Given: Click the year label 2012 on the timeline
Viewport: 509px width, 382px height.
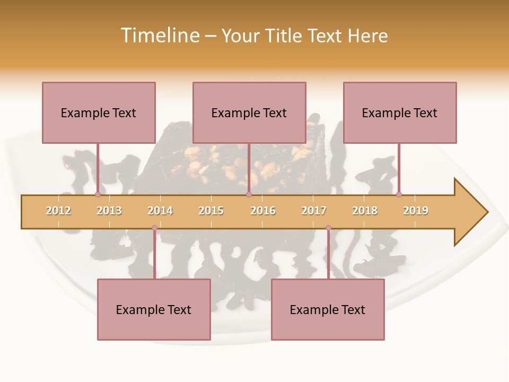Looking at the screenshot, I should tap(58, 211).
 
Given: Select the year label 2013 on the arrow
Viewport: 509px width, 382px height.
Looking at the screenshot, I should tap(109, 211).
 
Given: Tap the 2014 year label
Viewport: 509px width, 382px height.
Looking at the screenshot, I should tap(160, 211).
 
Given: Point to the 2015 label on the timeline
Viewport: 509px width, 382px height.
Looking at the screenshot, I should tap(211, 211).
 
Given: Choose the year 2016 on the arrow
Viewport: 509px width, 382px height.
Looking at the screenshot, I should tap(263, 211).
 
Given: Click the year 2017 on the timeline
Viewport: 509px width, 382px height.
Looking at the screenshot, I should tap(314, 211).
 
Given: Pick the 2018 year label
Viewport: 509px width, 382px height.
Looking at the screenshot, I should tap(365, 211).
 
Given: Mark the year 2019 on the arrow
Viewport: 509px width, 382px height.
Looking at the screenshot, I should tap(416, 211).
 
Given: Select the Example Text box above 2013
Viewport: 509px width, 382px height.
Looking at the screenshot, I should tap(99, 113).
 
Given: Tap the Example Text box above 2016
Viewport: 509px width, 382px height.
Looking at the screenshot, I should tap(249, 113).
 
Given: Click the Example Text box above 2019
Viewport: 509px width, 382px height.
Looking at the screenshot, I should tap(400, 113).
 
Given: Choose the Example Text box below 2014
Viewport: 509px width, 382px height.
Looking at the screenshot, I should tap(154, 310).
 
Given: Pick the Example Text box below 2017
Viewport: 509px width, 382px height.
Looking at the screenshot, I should tap(328, 310).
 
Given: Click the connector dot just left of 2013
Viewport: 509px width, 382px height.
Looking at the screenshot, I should tap(98, 195).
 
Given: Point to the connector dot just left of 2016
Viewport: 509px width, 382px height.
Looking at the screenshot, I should tap(249, 195).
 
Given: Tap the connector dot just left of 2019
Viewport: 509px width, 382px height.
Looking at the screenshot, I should tap(399, 195).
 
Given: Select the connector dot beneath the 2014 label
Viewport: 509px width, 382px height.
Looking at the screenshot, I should tap(154, 228).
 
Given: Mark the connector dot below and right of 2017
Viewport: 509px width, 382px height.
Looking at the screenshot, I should tap(328, 228).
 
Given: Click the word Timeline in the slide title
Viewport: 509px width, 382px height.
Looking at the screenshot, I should tap(159, 36).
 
